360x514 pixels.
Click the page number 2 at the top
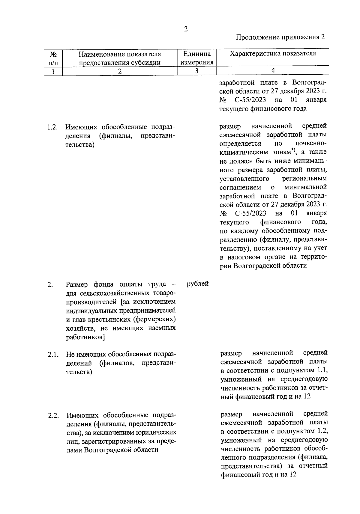click(186, 29)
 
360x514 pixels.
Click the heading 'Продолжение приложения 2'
click(280, 37)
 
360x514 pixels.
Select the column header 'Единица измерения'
click(197, 58)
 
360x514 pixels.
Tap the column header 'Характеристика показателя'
click(273, 54)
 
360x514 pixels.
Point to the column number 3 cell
click(197, 71)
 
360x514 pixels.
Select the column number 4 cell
click(273, 70)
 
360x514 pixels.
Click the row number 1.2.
click(52, 127)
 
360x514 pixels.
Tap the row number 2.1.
click(52, 355)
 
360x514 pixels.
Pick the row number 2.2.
click(52, 416)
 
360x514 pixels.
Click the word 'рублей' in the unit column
click(197, 284)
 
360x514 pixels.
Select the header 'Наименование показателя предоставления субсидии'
click(120, 58)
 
